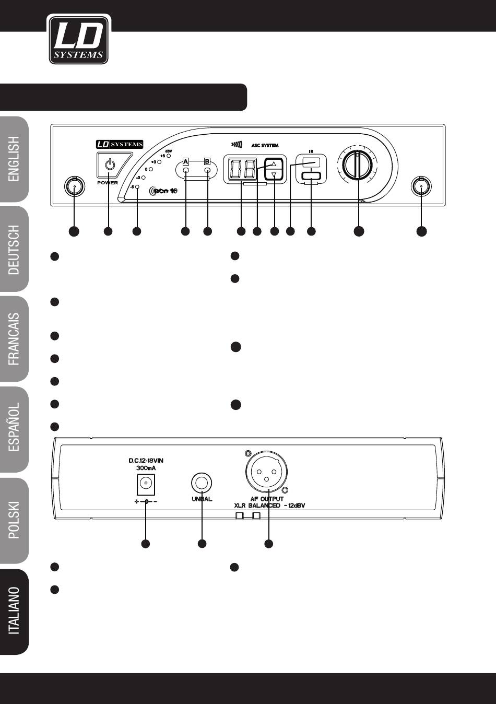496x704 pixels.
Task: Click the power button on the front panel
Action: coord(109,166)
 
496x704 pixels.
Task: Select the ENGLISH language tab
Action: coord(14,159)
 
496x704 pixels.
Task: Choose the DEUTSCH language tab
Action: coord(14,250)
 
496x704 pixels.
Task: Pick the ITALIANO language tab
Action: coord(14,611)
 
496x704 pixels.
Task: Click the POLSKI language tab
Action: coord(14,520)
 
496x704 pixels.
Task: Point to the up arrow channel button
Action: coord(274,163)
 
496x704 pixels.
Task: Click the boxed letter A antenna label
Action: coord(186,161)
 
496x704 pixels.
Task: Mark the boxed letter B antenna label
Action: coord(207,161)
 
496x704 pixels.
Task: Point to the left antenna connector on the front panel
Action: coord(74,186)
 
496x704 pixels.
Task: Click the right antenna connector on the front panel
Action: coord(421,186)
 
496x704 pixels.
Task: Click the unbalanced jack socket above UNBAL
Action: coord(202,482)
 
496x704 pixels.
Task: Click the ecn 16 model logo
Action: coord(163,191)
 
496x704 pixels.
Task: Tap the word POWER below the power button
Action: coord(108,183)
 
